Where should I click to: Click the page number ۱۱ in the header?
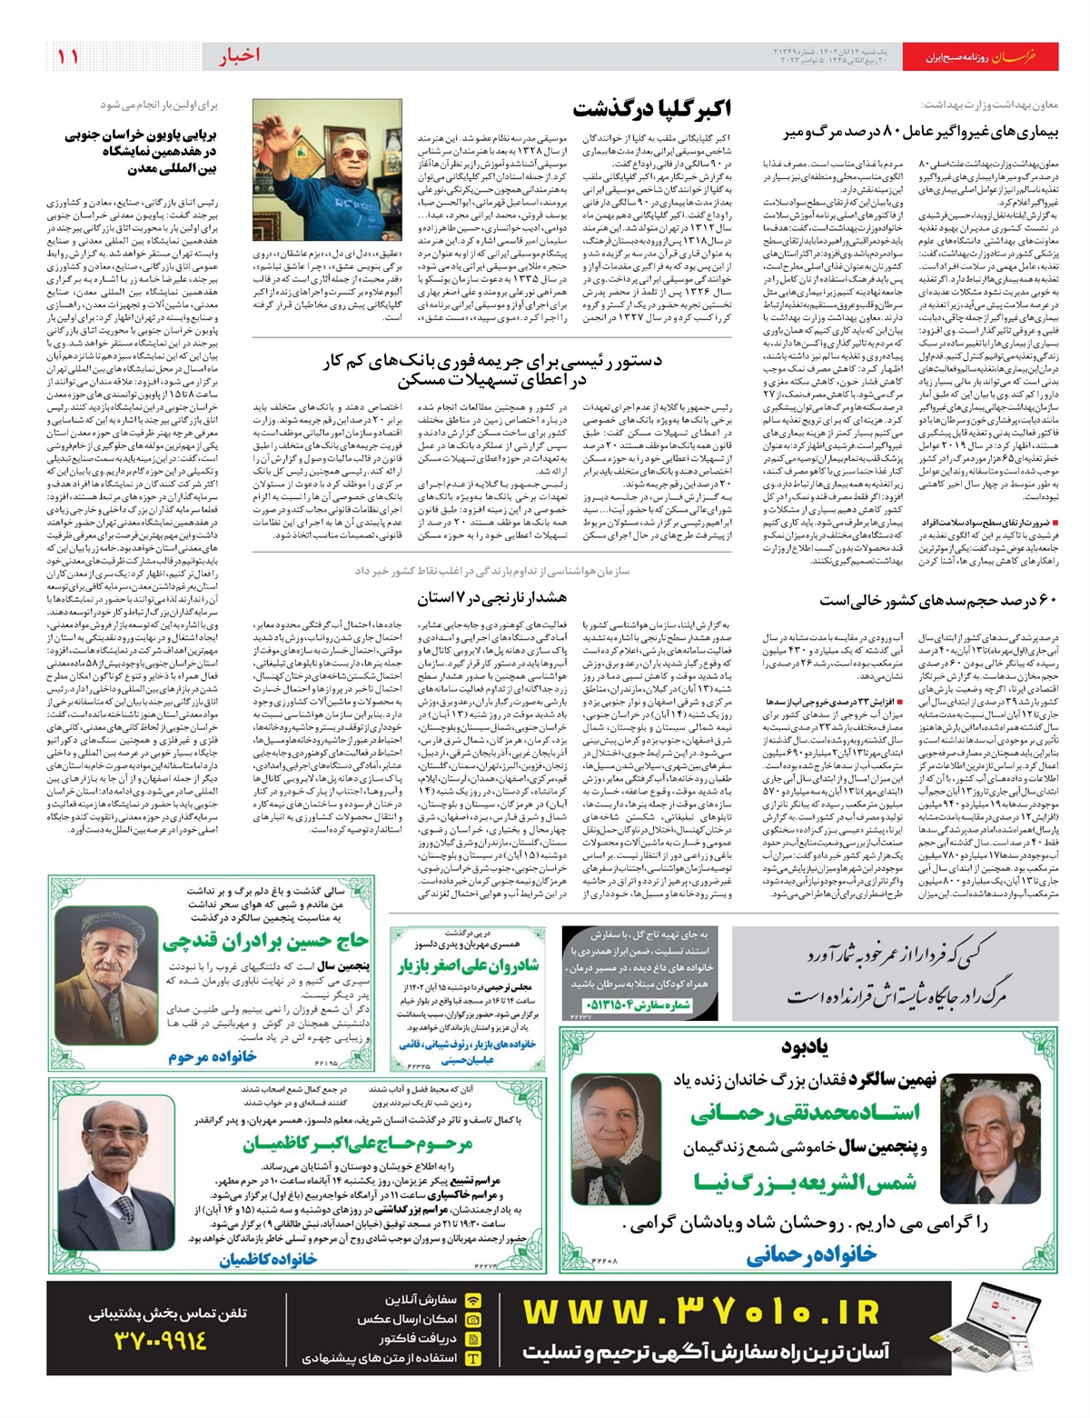[x=68, y=56]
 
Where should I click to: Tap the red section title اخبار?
[x=239, y=55]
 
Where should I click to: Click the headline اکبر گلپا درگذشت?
[x=651, y=109]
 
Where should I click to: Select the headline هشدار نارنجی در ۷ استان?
[x=491, y=598]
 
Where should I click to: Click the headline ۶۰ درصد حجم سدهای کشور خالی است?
[x=938, y=601]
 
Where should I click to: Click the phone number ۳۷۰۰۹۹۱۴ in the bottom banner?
[x=161, y=1340]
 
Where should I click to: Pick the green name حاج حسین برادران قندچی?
[x=265, y=942]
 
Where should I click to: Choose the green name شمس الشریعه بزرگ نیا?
[x=805, y=1182]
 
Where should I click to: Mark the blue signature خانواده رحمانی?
[x=811, y=1255]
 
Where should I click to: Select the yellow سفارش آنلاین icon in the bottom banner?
[x=472, y=1300]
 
